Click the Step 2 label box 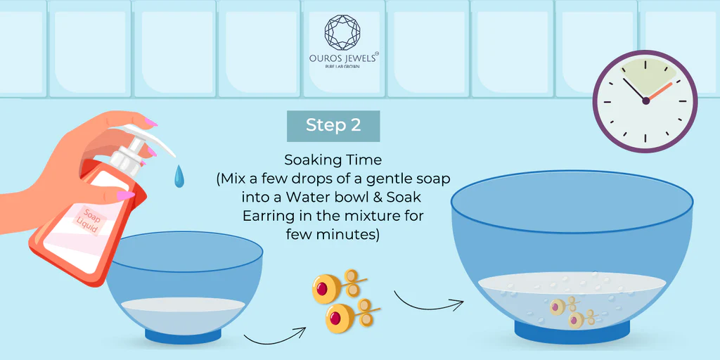tap(333, 126)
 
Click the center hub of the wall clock tap(645, 101)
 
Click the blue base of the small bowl tap(184, 335)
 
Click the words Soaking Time tap(333, 160)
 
